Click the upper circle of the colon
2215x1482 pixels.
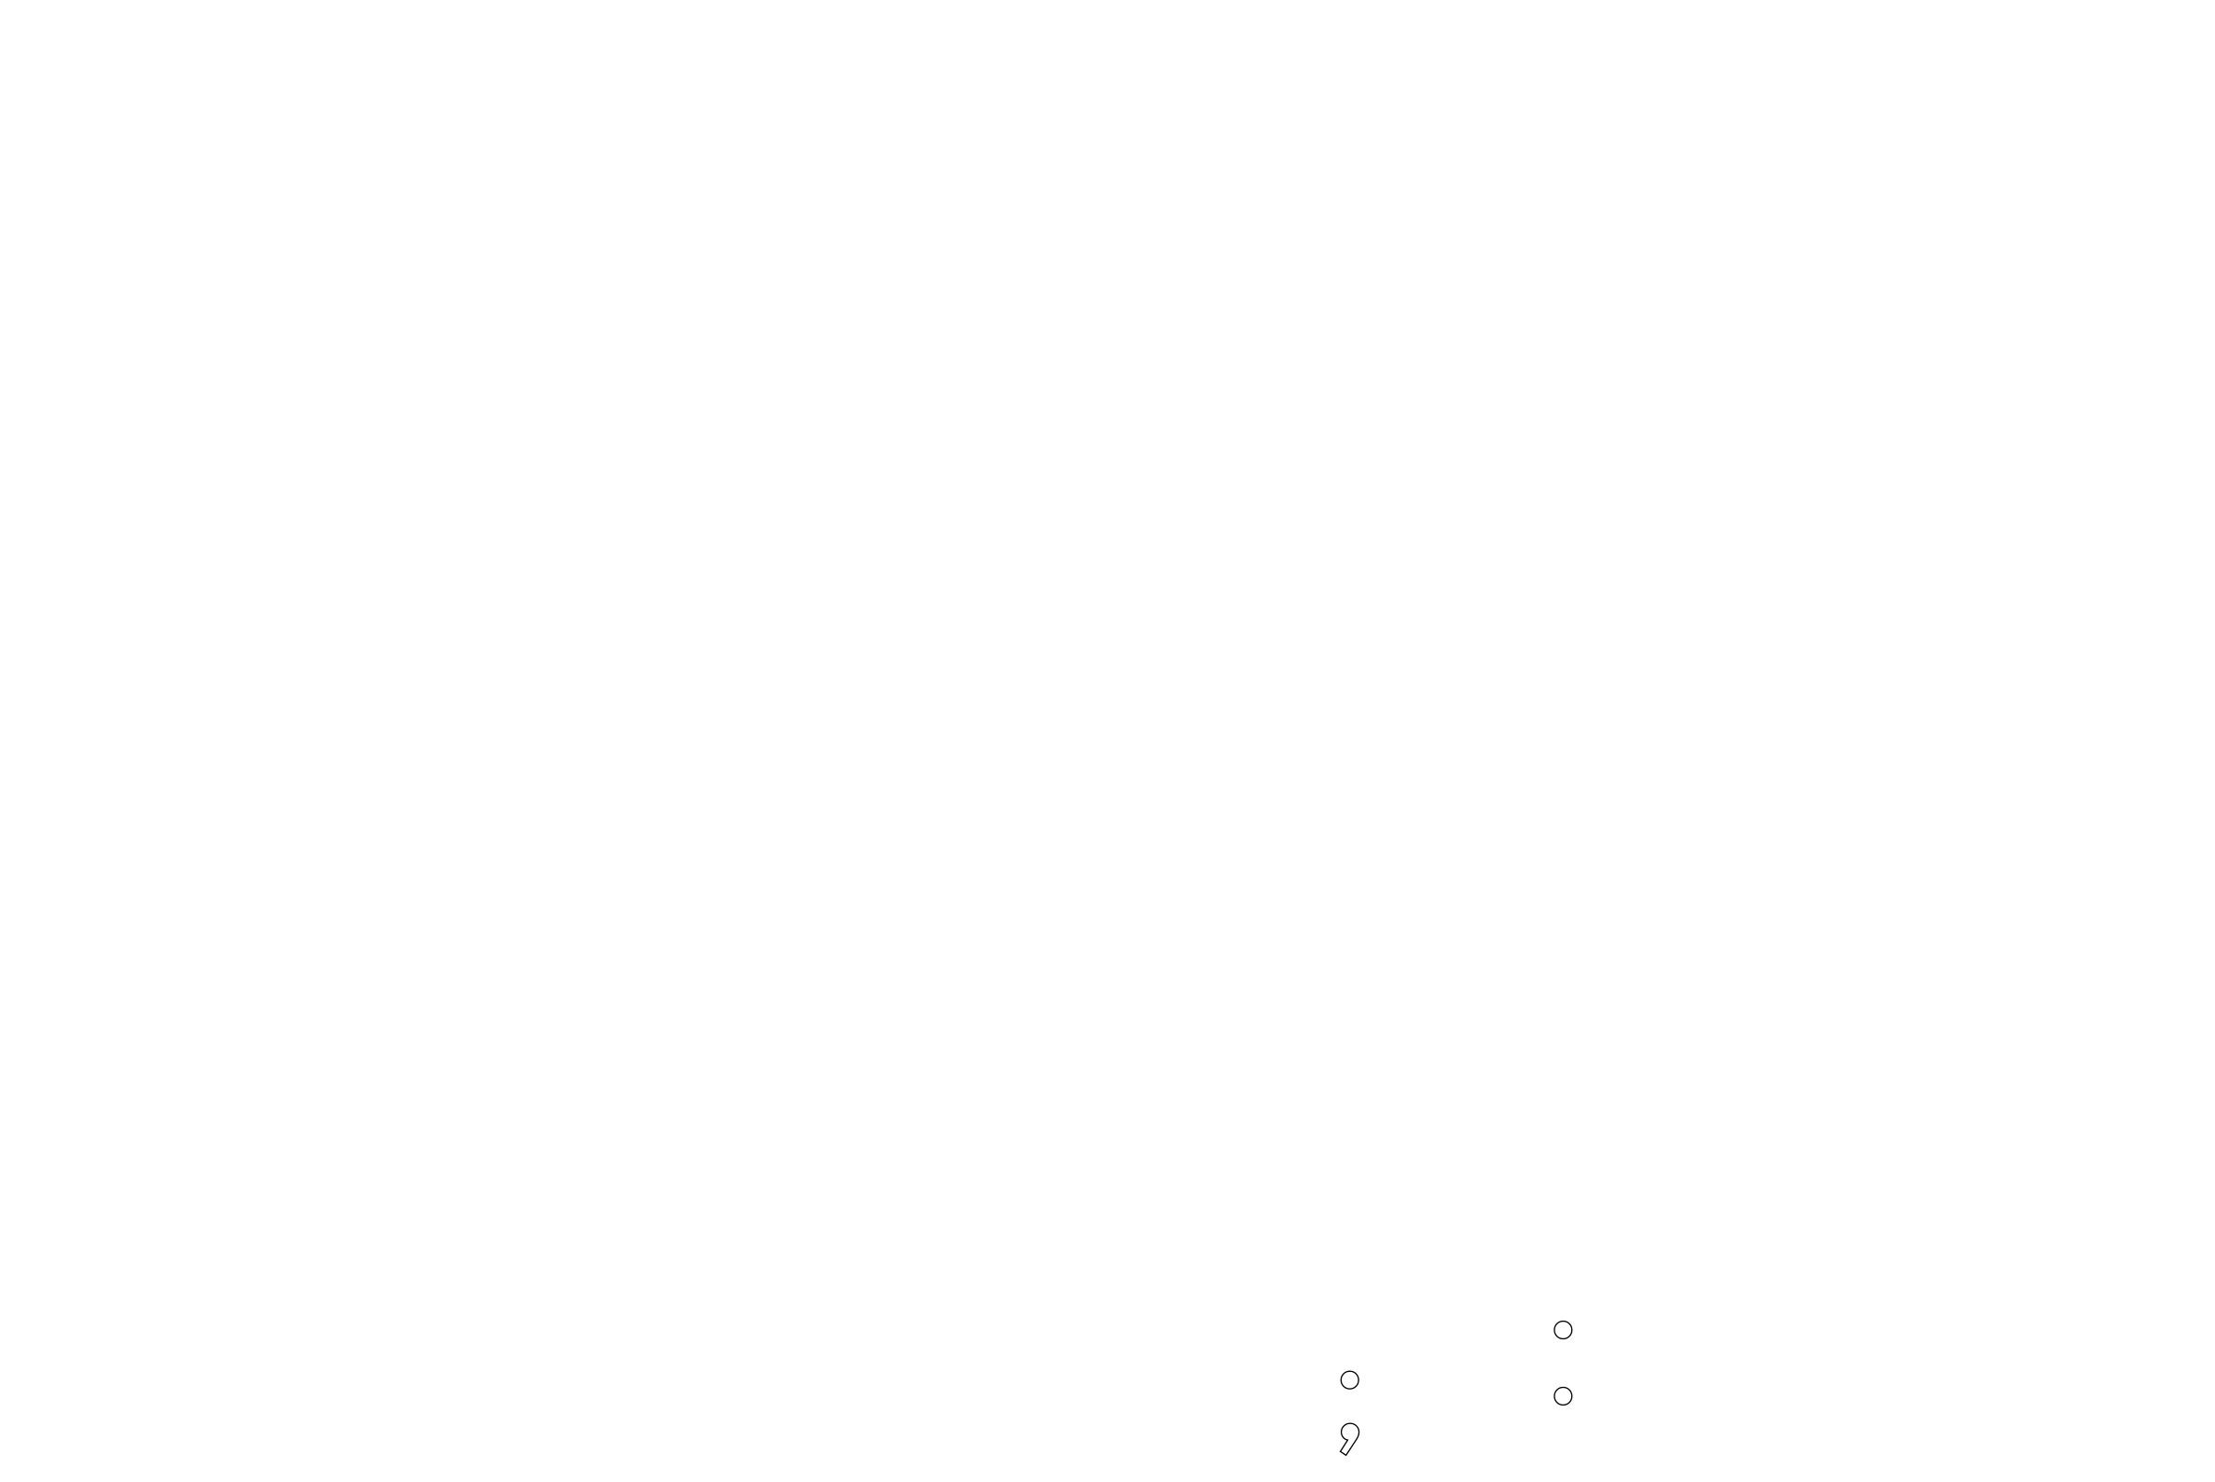(1563, 1330)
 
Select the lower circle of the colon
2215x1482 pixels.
(1563, 1396)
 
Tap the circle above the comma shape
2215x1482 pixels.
(1349, 1380)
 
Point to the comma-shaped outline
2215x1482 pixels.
(1350, 1438)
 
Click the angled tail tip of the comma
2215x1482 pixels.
(1344, 1453)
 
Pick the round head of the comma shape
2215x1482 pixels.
(1351, 1432)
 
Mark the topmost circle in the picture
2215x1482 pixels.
(1563, 1330)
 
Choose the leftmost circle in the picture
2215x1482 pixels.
(1349, 1380)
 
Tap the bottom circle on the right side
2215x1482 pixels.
(1563, 1396)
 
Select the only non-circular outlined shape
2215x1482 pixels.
(1350, 1438)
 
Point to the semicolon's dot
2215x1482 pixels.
(1349, 1380)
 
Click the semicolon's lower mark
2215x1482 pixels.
(1350, 1438)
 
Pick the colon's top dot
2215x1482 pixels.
(1563, 1330)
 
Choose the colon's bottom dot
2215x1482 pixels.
(1563, 1396)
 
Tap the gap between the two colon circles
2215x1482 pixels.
(1563, 1363)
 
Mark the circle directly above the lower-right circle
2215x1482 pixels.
(1563, 1330)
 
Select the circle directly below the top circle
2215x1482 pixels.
(1563, 1396)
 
